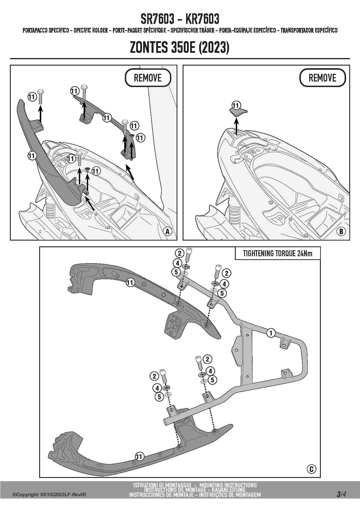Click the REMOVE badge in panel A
pos(148,78)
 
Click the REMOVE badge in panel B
pos(322,78)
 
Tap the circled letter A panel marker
pos(167,231)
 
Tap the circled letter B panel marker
pos(341,231)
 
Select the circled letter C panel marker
pos(311,469)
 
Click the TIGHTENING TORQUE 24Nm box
pos(278,254)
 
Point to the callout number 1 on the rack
pos(271,333)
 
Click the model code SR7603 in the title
pos(158,19)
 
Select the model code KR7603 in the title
pos(202,19)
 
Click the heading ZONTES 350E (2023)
pos(180,47)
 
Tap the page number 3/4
pos(341,494)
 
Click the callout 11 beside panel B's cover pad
pos(236,105)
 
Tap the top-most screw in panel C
pos(189,254)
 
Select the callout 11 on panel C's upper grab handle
pos(130,282)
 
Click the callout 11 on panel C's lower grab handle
pos(139,456)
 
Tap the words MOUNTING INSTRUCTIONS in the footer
pos(228,485)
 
